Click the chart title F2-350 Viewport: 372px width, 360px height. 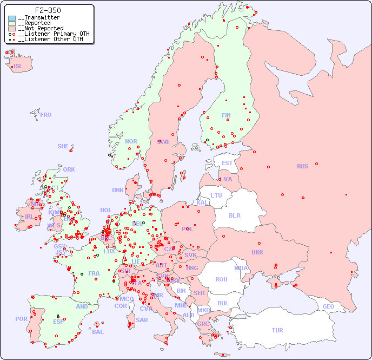(x=48, y=10)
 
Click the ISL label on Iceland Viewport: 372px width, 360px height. (x=18, y=67)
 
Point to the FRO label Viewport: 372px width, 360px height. (x=46, y=115)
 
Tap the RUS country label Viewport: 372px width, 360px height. (x=302, y=166)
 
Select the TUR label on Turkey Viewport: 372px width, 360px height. (x=277, y=330)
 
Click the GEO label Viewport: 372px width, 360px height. (x=328, y=306)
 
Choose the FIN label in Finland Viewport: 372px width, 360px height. (x=226, y=115)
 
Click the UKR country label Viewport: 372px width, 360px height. (x=257, y=252)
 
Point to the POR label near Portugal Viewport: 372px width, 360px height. (x=21, y=319)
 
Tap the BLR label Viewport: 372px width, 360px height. (x=235, y=215)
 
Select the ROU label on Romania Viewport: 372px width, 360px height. (x=221, y=279)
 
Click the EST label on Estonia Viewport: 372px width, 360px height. (x=227, y=163)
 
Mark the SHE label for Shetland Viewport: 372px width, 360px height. (x=63, y=146)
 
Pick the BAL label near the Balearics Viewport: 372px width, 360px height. (x=98, y=332)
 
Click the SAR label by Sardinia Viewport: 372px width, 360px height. (x=142, y=320)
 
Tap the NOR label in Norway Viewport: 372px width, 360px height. (x=131, y=141)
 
